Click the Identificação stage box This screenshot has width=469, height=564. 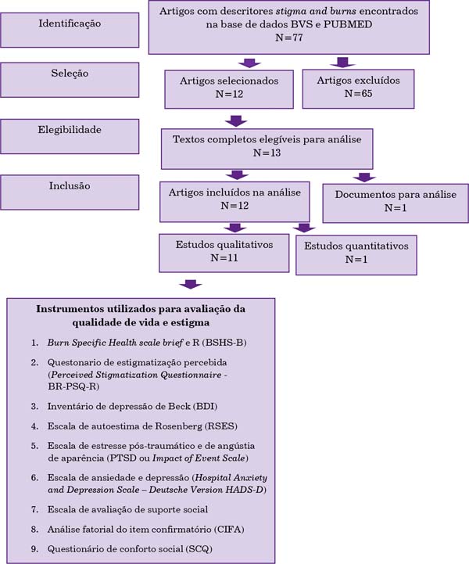70,30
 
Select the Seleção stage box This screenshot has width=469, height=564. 70,80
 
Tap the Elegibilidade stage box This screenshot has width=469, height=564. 70,136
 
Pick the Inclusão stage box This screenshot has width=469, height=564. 70,192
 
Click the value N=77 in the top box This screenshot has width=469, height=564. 289,38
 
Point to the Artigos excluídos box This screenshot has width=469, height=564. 358,89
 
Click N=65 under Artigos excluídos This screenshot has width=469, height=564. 358,94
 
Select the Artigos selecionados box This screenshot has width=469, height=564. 229,89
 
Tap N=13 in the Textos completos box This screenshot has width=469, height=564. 267,153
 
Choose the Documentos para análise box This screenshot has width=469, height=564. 396,203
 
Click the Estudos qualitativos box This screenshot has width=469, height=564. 224,253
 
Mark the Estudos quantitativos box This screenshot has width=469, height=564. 356,255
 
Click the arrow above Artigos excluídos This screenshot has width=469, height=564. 342,63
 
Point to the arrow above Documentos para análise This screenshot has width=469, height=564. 364,177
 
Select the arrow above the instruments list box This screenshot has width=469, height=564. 191,284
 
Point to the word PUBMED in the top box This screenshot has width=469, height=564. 348,24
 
